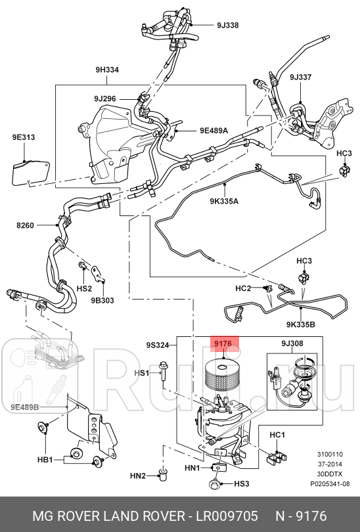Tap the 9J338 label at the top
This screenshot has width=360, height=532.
click(227, 26)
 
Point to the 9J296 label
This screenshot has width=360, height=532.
click(104, 99)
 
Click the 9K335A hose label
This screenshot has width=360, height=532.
click(225, 201)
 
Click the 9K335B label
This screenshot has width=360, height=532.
click(300, 323)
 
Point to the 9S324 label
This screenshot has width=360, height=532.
click(158, 345)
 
